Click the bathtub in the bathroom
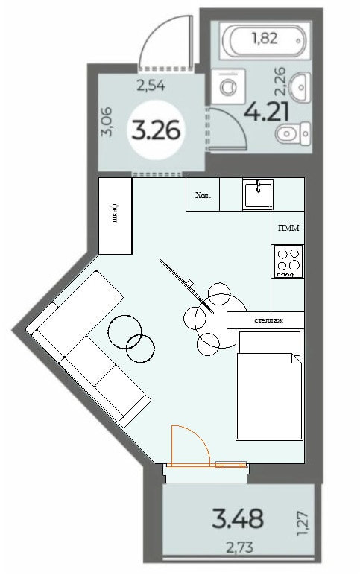pyautogui.click(x=265, y=40)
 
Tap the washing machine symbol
pyautogui.click(x=228, y=86)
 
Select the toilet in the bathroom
pyautogui.click(x=293, y=134)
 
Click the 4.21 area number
pyautogui.click(x=266, y=111)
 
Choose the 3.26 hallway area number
pyautogui.click(x=156, y=130)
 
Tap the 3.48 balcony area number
pyautogui.click(x=238, y=518)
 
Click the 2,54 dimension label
pyautogui.click(x=151, y=86)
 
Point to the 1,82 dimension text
pyautogui.click(x=265, y=38)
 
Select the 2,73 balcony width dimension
pyautogui.click(x=240, y=547)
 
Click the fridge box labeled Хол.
pyautogui.click(x=203, y=194)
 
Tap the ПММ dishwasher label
pyautogui.click(x=288, y=228)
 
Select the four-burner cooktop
pyautogui.click(x=288, y=261)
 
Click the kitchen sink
pyautogui.click(x=258, y=193)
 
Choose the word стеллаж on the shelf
pyautogui.click(x=268, y=320)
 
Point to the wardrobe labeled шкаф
pyautogui.click(x=116, y=216)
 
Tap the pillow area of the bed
pyautogui.click(x=269, y=343)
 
